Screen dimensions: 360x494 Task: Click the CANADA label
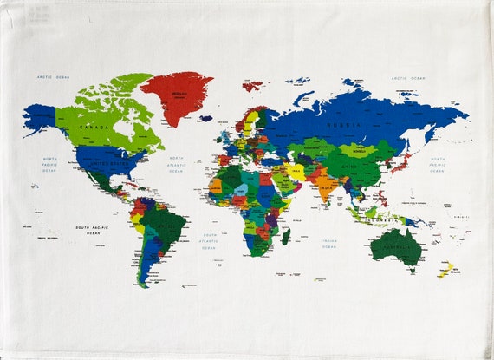(x=94, y=127)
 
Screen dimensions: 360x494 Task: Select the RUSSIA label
(x=337, y=124)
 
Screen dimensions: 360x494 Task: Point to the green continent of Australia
(x=394, y=247)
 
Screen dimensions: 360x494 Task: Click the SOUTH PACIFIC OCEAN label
(x=94, y=231)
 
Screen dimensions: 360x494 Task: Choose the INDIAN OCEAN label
(x=330, y=244)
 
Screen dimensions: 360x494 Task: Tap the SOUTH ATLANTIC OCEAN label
(x=210, y=241)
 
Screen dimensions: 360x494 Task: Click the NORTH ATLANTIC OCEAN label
(x=176, y=164)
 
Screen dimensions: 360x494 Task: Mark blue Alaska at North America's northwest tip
(x=40, y=117)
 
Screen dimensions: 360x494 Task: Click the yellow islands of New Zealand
(x=445, y=270)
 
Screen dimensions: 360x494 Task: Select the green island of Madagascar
(x=285, y=236)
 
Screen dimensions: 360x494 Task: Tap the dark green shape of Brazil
(x=164, y=227)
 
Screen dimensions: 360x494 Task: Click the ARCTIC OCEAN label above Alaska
(x=53, y=77)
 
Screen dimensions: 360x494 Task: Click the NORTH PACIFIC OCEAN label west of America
(x=50, y=164)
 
